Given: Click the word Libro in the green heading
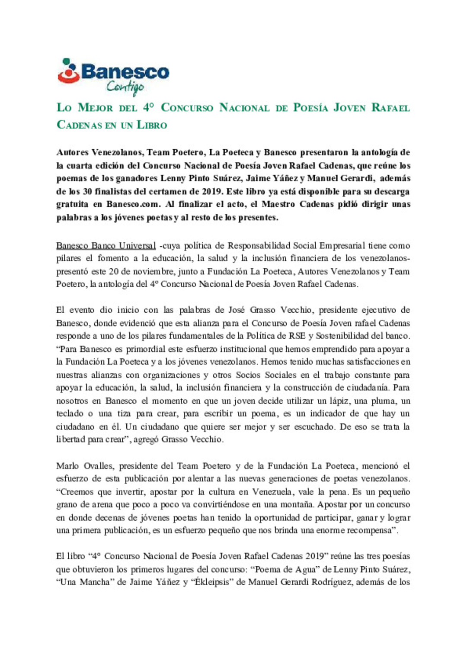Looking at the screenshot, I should [x=152, y=125].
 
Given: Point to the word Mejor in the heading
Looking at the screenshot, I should [x=95, y=108].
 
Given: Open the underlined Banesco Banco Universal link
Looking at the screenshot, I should [x=106, y=246].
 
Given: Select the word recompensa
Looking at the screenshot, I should [x=371, y=530].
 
